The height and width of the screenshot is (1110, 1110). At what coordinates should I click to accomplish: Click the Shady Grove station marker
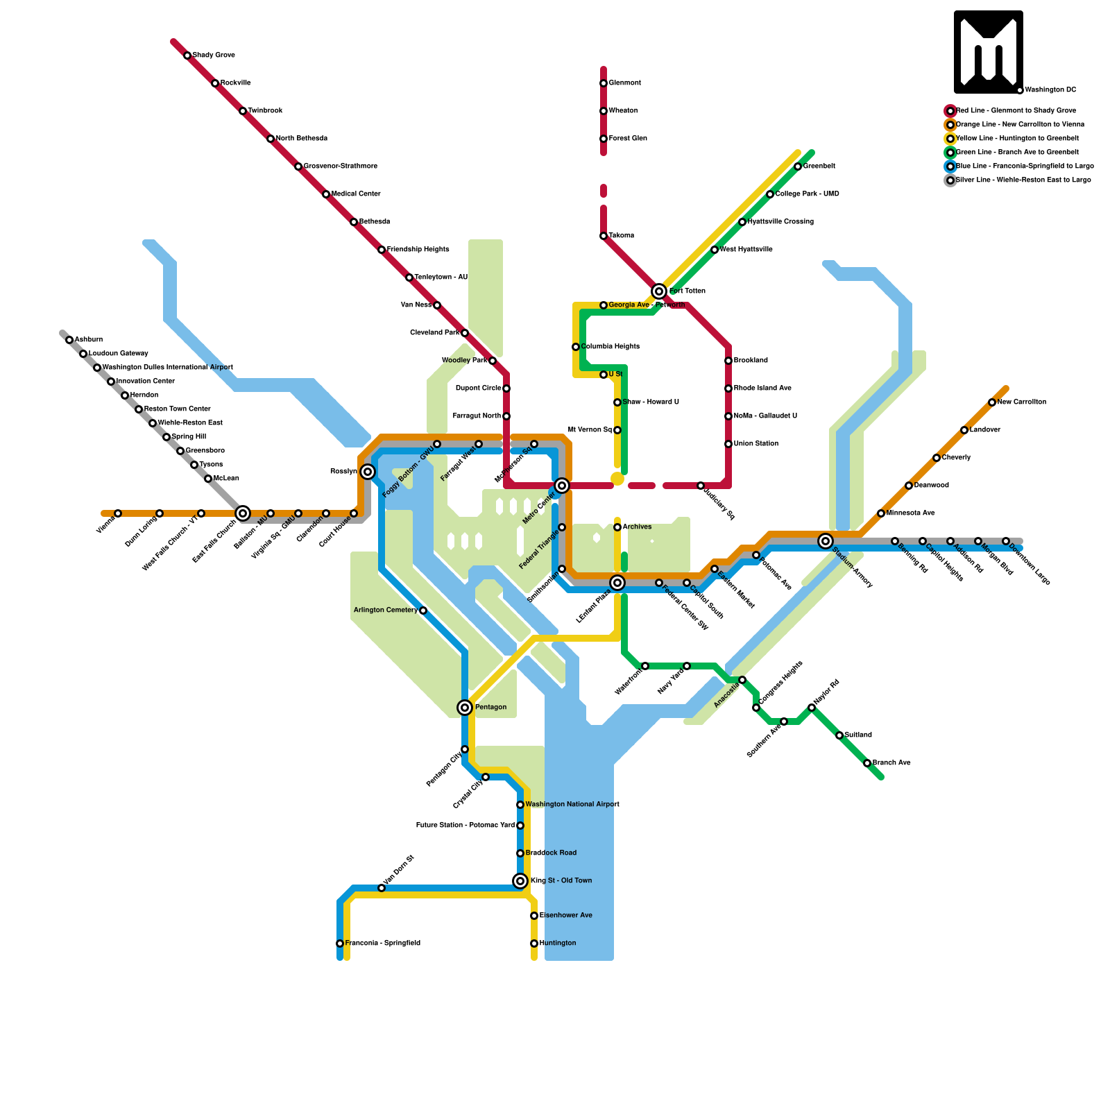pos(187,55)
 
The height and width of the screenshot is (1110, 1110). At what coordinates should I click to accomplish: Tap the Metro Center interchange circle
pos(562,486)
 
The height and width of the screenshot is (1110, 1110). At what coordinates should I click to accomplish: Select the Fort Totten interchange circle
pos(659,291)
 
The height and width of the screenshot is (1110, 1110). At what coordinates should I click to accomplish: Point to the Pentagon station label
pos(490,708)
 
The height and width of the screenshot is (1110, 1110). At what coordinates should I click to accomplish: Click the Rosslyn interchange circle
pos(368,472)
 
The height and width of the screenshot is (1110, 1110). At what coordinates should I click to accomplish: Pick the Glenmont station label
pos(624,83)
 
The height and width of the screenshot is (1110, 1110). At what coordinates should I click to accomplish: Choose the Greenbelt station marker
pos(798,166)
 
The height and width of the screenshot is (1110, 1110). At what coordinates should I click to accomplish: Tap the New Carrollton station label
pos(1021,402)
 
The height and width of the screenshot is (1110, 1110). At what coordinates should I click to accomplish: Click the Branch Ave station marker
pos(867,763)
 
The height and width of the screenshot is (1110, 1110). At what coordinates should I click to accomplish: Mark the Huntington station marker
pos(534,943)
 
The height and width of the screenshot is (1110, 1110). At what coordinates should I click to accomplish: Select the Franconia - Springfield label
pos(382,943)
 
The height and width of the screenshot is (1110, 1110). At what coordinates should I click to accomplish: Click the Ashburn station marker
pos(69,340)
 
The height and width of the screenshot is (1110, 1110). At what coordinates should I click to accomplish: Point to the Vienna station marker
pos(118,513)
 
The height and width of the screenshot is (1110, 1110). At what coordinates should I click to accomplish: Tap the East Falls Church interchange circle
pos(243,513)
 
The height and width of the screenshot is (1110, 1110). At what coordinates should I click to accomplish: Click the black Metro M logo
pos(988,52)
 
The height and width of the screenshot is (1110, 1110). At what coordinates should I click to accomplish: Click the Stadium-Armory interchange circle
pos(825,541)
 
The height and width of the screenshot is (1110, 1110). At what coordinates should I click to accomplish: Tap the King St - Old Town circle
pos(520,881)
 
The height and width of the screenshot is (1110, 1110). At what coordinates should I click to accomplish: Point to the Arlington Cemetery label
pos(386,610)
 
